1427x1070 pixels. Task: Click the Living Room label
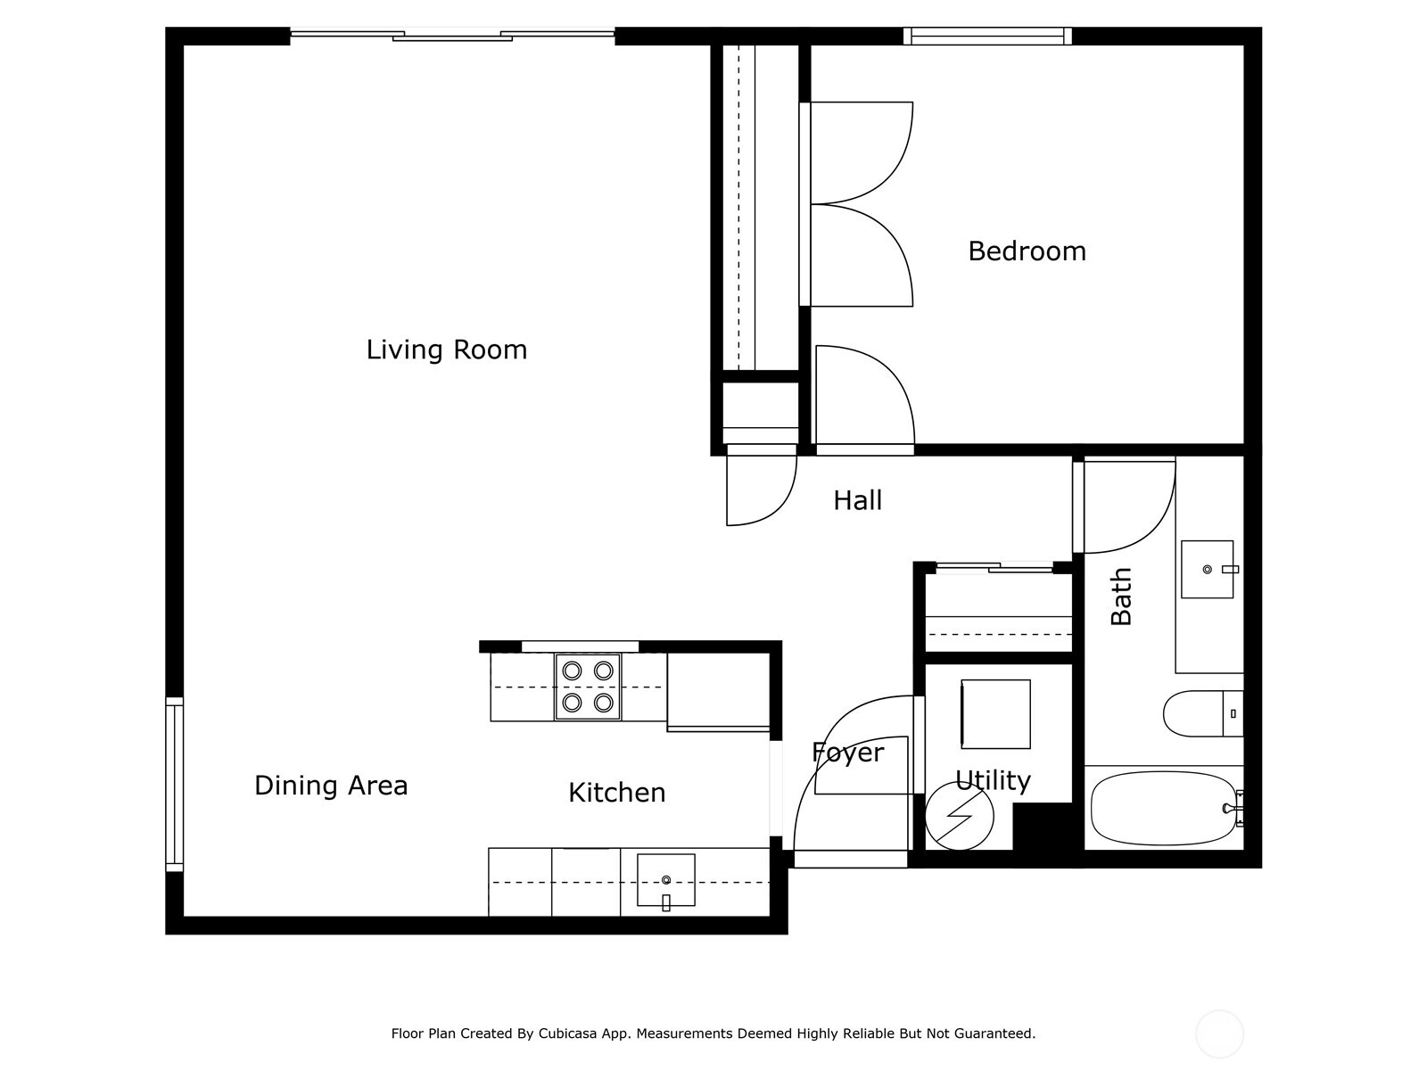click(x=447, y=350)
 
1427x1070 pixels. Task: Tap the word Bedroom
click(x=1027, y=251)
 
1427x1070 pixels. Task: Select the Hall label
click(x=857, y=500)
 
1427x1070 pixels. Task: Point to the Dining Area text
click(x=331, y=786)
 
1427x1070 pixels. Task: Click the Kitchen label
click(x=617, y=793)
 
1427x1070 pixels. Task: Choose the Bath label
click(x=1121, y=597)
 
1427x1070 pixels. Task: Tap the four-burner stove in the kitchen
click(x=588, y=687)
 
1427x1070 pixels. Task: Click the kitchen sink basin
click(x=665, y=880)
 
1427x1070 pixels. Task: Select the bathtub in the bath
click(x=1163, y=808)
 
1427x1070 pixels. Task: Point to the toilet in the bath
click(x=1203, y=713)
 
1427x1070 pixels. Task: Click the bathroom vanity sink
click(x=1208, y=569)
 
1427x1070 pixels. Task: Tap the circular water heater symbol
click(x=960, y=816)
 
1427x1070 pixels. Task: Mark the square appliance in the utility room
click(x=996, y=714)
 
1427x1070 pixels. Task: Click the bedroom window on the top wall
click(x=987, y=36)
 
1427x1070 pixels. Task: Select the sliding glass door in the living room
click(x=452, y=36)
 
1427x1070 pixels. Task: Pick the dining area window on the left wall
click(x=174, y=784)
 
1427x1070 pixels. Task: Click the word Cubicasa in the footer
click(x=567, y=1033)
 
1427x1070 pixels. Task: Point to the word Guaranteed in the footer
click(x=999, y=1033)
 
